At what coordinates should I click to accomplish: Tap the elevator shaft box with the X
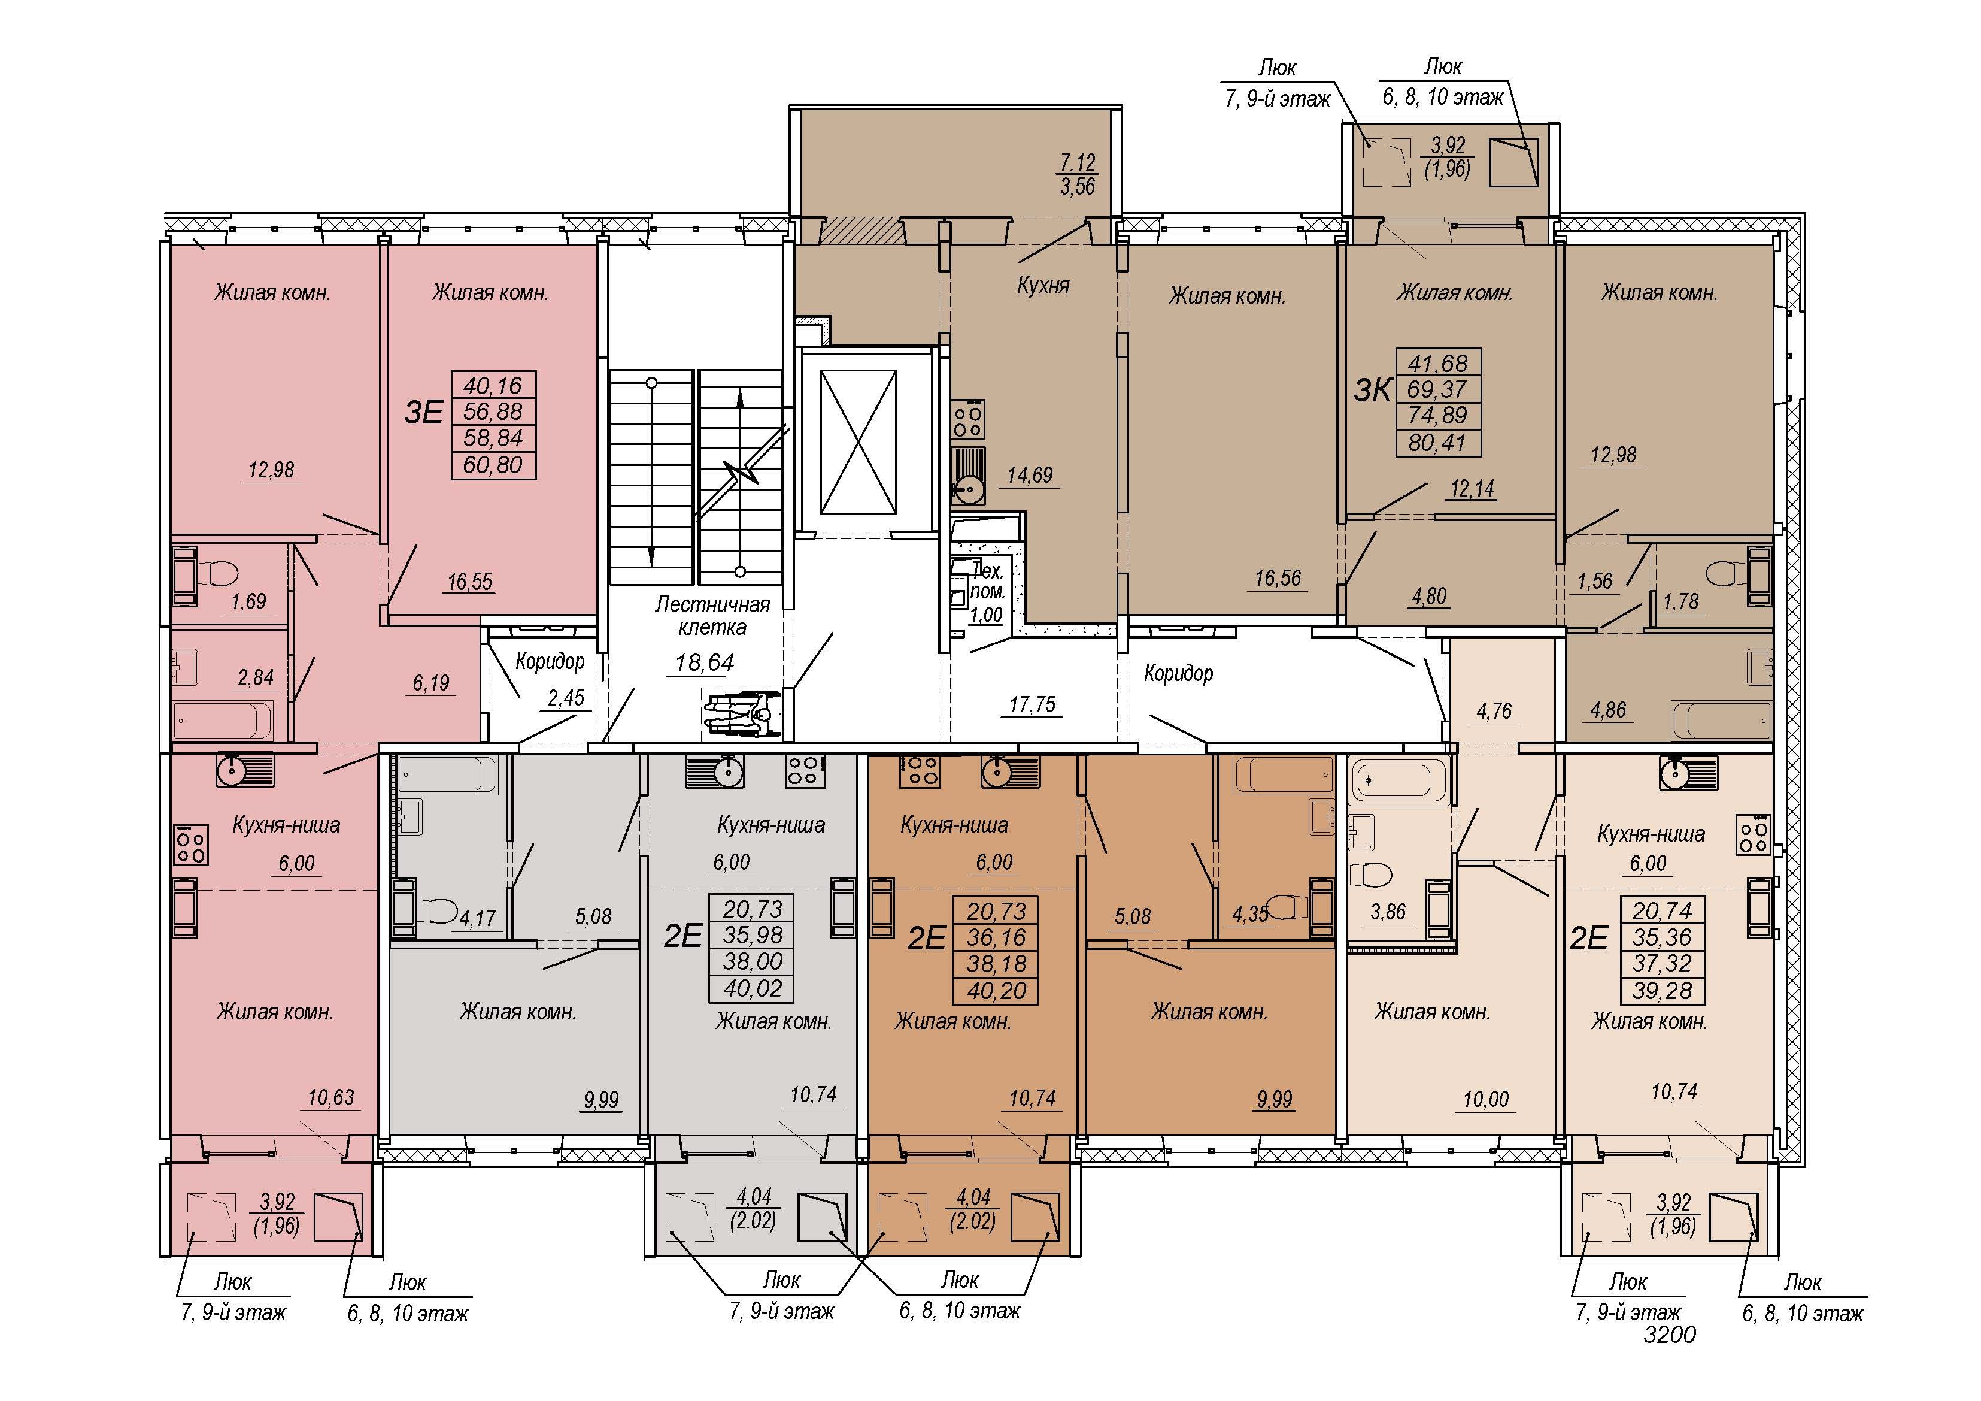tap(858, 442)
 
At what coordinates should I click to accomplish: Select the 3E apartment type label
tap(424, 413)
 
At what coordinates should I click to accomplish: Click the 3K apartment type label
tap(1373, 390)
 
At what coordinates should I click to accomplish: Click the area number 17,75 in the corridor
tap(1032, 704)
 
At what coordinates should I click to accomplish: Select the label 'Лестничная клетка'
tap(712, 616)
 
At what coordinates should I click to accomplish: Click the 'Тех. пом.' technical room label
tap(987, 581)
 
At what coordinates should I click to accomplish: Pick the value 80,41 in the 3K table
tap(1437, 442)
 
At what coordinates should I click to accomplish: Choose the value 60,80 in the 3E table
tap(493, 464)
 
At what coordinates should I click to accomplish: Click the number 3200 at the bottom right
tap(1670, 1335)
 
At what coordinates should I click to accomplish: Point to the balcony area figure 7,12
tap(1077, 162)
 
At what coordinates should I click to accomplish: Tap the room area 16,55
tap(469, 582)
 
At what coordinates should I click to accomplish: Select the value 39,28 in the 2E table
tap(1662, 990)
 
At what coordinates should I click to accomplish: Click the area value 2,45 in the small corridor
tap(566, 697)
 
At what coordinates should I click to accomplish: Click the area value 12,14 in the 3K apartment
tap(1472, 489)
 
